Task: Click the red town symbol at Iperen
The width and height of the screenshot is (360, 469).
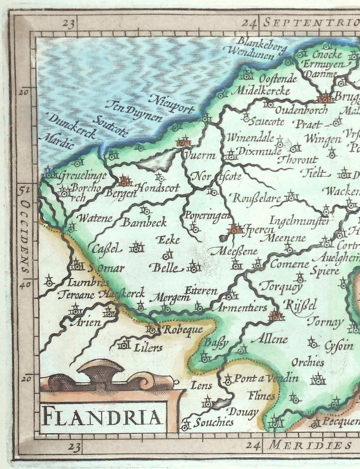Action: click(x=235, y=228)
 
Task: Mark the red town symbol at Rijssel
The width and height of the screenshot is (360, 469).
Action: click(x=276, y=316)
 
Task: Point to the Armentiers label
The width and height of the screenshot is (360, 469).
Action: click(x=242, y=307)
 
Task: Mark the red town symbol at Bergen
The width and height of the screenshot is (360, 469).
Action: click(x=125, y=181)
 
